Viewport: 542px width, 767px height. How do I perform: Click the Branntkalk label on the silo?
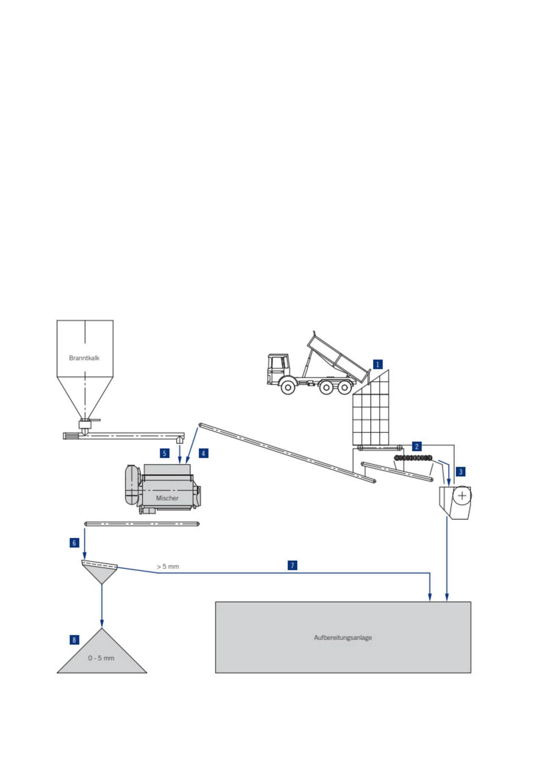pyautogui.click(x=84, y=358)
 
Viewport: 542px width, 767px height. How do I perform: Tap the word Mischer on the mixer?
pyautogui.click(x=167, y=498)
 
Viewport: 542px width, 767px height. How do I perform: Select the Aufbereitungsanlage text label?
pyautogui.click(x=343, y=637)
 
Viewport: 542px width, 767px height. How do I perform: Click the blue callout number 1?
pyautogui.click(x=378, y=364)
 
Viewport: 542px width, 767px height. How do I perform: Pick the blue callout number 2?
pyautogui.click(x=417, y=446)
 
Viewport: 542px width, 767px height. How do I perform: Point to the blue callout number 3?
pyautogui.click(x=461, y=471)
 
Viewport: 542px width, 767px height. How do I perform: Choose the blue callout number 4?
pyautogui.click(x=203, y=453)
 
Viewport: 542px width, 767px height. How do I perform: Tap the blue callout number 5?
pyautogui.click(x=165, y=453)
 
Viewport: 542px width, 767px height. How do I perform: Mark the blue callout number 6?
pyautogui.click(x=75, y=543)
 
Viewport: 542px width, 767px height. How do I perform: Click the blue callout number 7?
pyautogui.click(x=292, y=565)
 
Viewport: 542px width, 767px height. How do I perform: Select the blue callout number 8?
pyautogui.click(x=75, y=640)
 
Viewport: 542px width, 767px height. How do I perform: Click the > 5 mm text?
pyautogui.click(x=168, y=567)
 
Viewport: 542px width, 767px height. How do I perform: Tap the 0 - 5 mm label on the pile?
pyautogui.click(x=101, y=658)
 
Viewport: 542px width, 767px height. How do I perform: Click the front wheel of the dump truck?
pyautogui.click(x=288, y=387)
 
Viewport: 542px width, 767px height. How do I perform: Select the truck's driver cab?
pyautogui.click(x=278, y=366)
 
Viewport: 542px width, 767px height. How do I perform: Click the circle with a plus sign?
pyautogui.click(x=462, y=496)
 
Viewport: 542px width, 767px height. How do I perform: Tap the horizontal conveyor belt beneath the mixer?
pyautogui.click(x=142, y=524)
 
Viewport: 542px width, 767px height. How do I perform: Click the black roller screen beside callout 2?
pyautogui.click(x=413, y=458)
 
